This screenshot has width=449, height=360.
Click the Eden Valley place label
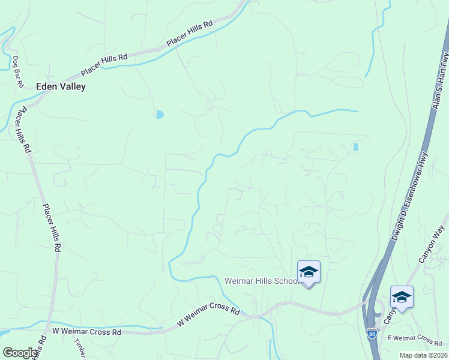click(61, 86)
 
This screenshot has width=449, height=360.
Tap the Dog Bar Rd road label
click(17, 72)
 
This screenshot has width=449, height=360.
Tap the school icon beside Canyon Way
click(402, 298)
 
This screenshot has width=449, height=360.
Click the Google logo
click(19, 353)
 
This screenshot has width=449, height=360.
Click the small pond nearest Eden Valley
click(159, 114)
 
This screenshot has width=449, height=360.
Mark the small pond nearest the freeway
click(356, 146)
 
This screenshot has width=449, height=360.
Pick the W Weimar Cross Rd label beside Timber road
click(87, 331)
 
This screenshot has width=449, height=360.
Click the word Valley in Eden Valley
click(73, 86)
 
